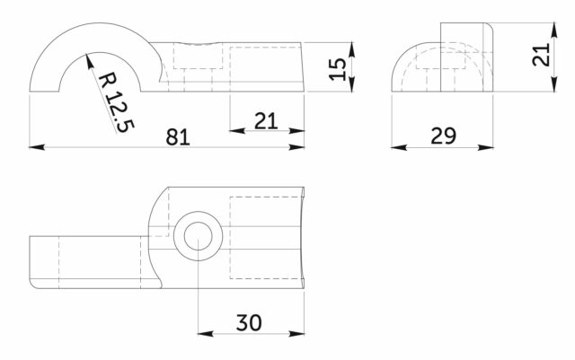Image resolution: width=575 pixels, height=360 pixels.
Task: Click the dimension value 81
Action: click(x=178, y=137)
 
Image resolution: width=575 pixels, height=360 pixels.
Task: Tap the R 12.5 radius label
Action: click(x=117, y=102)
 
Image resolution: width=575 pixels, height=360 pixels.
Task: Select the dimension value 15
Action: click(x=337, y=68)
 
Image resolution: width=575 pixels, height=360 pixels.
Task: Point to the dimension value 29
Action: click(x=443, y=136)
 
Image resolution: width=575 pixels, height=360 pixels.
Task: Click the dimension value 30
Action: click(x=249, y=322)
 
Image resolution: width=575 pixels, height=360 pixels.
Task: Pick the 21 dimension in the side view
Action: click(x=541, y=55)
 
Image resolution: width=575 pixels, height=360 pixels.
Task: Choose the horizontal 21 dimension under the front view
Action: click(x=266, y=121)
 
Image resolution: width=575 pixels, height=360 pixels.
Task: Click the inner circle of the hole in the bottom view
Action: click(x=198, y=236)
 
